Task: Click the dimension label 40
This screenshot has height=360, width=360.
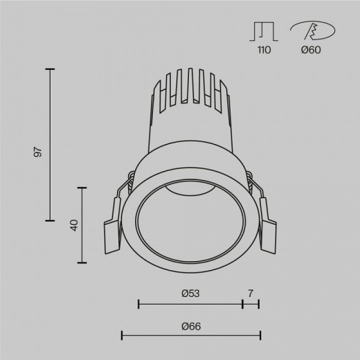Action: click(73, 225)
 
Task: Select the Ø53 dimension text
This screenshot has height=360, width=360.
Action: click(190, 292)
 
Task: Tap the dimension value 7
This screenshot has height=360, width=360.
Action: click(251, 292)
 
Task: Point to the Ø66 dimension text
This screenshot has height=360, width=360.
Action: click(190, 326)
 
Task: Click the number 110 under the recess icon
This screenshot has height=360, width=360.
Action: click(261, 50)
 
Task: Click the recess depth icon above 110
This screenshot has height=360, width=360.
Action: click(261, 30)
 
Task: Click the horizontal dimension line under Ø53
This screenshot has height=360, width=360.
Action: click(190, 303)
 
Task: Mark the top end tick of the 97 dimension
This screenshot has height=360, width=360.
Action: click(50, 69)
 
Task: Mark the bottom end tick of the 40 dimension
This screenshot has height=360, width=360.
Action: click(84, 262)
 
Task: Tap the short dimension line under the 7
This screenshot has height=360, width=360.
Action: click(251, 303)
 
